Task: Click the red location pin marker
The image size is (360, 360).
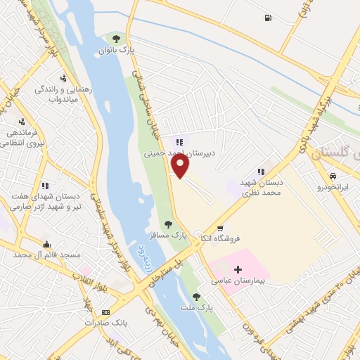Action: click(x=181, y=166)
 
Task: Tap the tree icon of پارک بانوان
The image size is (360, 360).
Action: click(x=117, y=38)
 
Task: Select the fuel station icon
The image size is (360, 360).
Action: click(x=268, y=18)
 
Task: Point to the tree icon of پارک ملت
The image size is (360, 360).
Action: click(x=196, y=297)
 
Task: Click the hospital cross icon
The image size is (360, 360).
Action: click(x=238, y=269)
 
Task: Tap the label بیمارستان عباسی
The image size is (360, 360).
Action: click(x=242, y=281)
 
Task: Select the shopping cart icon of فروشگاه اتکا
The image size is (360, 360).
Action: click(x=220, y=228)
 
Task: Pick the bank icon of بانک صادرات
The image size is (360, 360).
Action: click(x=105, y=311)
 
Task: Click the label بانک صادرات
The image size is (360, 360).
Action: click(x=105, y=323)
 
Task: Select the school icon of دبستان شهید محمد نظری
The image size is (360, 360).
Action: click(x=261, y=171)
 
